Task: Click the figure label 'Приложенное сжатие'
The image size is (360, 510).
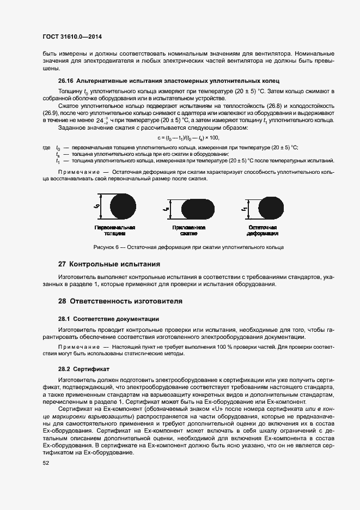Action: click(188, 230)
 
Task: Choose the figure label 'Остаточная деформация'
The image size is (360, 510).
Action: click(263, 230)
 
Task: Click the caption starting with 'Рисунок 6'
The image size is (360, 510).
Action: click(188, 247)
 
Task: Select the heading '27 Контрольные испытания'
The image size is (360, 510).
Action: click(109, 264)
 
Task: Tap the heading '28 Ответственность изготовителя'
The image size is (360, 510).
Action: click(120, 301)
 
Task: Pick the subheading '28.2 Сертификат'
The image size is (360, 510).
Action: click(84, 368)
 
